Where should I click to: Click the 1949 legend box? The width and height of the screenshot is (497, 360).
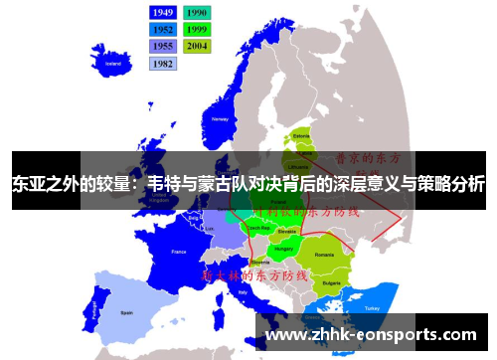pyautogui.click(x=163, y=12)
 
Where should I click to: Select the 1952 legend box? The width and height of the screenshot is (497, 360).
pyautogui.click(x=163, y=29)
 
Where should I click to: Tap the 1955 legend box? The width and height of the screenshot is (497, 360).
pyautogui.click(x=163, y=46)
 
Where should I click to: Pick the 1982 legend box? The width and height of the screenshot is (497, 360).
pyautogui.click(x=163, y=63)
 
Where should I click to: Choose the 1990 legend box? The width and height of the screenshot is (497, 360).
pyautogui.click(x=196, y=12)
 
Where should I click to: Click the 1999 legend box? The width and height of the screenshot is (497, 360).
pyautogui.click(x=196, y=29)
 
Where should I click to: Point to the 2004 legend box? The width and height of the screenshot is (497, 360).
pyautogui.click(x=196, y=46)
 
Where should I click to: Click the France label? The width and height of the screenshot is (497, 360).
pyautogui.click(x=180, y=253)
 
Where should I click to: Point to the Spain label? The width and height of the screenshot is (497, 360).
pyautogui.click(x=126, y=311)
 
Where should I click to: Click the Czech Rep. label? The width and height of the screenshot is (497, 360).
pyautogui.click(x=254, y=228)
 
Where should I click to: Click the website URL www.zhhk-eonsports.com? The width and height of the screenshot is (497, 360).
pyautogui.click(x=372, y=336)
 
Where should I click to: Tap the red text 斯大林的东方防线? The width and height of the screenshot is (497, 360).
pyautogui.click(x=253, y=273)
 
